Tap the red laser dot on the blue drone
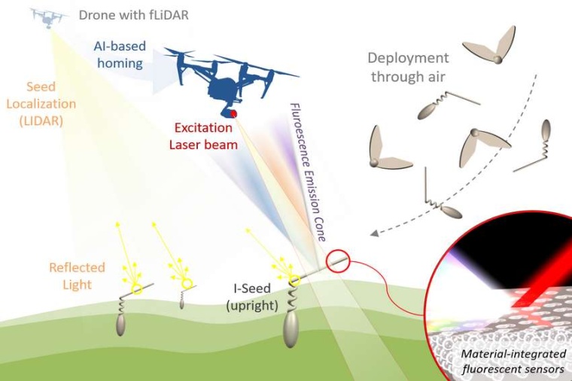(234, 114)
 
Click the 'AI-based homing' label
(119, 55)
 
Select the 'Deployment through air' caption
(408, 68)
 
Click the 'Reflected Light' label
(78, 276)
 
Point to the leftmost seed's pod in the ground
(122, 324)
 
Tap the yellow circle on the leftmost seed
(137, 288)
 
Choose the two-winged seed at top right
(491, 49)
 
